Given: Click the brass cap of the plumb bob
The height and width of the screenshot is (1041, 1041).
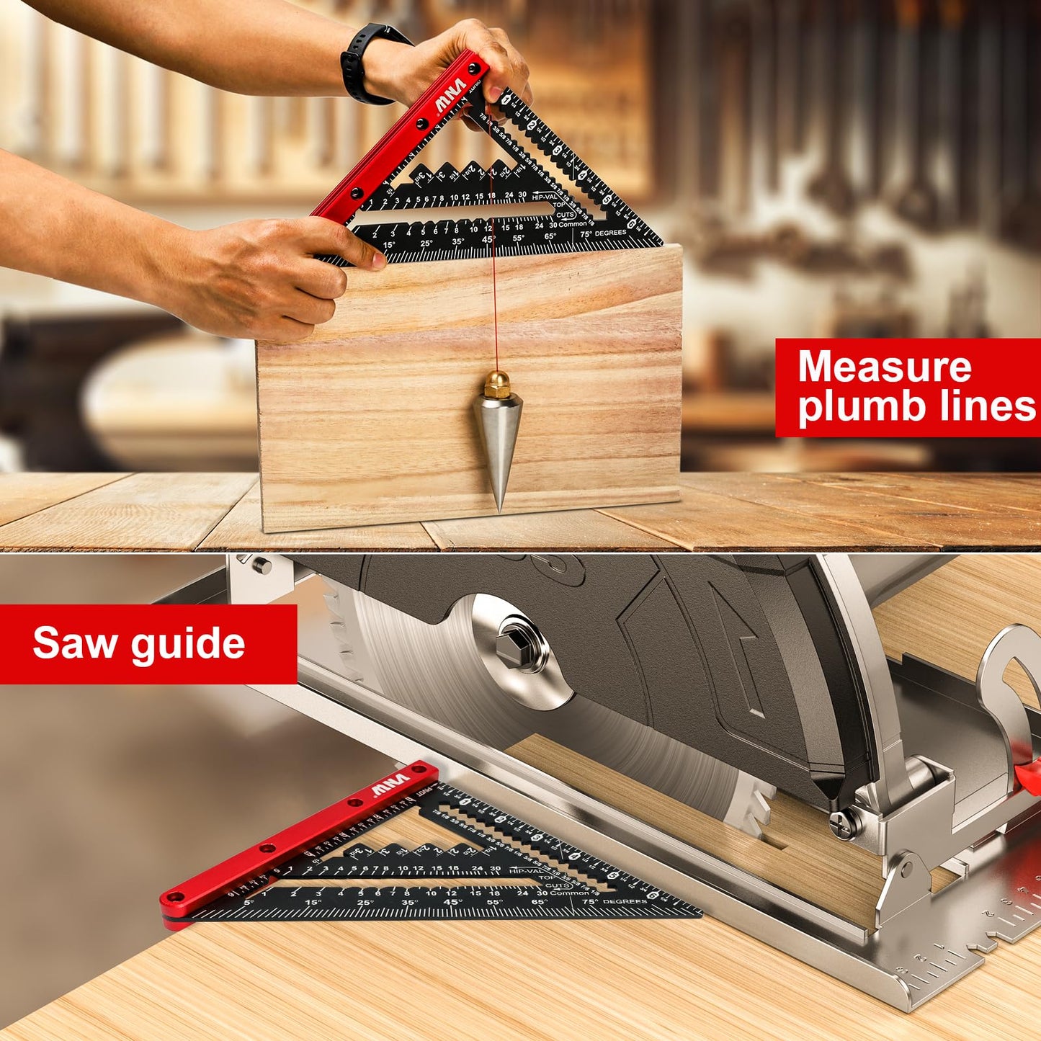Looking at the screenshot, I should [496, 385].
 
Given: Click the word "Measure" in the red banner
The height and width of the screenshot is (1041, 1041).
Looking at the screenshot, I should [885, 367].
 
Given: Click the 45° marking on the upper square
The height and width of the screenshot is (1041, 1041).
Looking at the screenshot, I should [488, 239].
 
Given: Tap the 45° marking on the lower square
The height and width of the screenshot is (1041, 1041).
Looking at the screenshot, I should [452, 902].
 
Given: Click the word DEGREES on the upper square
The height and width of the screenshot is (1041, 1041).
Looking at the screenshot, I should [610, 233].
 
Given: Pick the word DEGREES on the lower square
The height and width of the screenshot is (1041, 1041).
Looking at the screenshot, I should [625, 901].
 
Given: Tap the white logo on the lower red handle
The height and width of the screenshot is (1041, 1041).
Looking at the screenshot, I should [390, 786].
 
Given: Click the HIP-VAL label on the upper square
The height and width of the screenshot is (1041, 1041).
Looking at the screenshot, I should [545, 196].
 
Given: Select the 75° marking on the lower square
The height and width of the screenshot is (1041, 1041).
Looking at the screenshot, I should [590, 901].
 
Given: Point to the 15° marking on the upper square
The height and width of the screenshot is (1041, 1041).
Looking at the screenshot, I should [389, 245].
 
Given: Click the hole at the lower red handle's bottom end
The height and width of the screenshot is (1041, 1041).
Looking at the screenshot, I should [173, 898].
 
